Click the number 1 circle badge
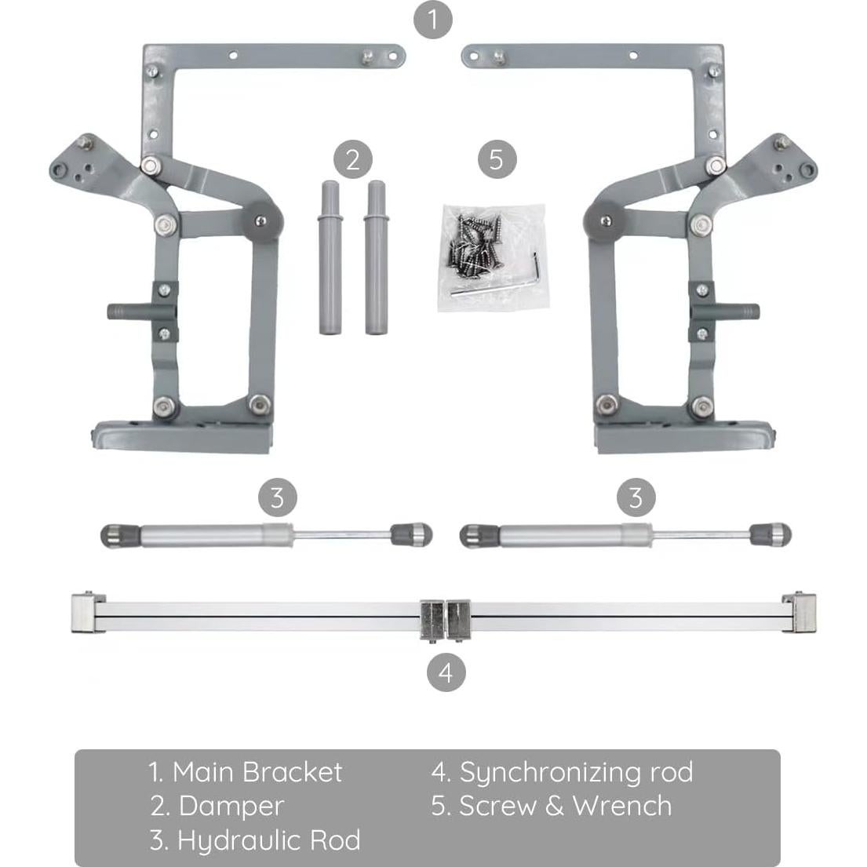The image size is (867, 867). click(432, 19)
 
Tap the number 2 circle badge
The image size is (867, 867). click(352, 160)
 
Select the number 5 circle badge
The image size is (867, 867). click(497, 160)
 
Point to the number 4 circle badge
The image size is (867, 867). click(446, 673)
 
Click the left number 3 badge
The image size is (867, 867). click(277, 497)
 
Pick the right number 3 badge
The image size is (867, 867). click(636, 497)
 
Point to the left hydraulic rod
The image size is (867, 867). click(267, 536)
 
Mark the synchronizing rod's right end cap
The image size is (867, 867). click(800, 610)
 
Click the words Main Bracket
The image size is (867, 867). click(257, 772)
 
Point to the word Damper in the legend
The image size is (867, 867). click(231, 806)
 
